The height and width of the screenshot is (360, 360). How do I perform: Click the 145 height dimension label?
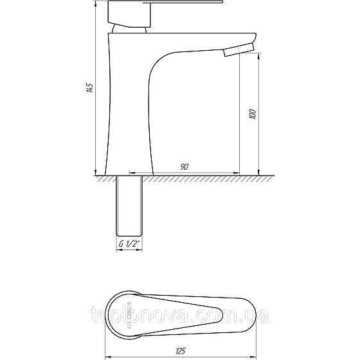(x=90, y=87)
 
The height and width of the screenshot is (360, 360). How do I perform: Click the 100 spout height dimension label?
(x=253, y=114)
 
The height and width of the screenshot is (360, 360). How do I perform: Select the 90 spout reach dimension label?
(x=184, y=167)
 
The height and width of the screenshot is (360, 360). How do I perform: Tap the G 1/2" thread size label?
(x=129, y=244)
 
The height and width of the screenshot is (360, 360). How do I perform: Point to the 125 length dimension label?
(x=180, y=351)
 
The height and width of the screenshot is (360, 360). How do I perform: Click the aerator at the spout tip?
(x=239, y=50)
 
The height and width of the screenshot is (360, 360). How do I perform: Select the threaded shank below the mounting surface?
(x=129, y=206)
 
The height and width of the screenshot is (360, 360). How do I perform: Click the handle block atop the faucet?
(x=129, y=14)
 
